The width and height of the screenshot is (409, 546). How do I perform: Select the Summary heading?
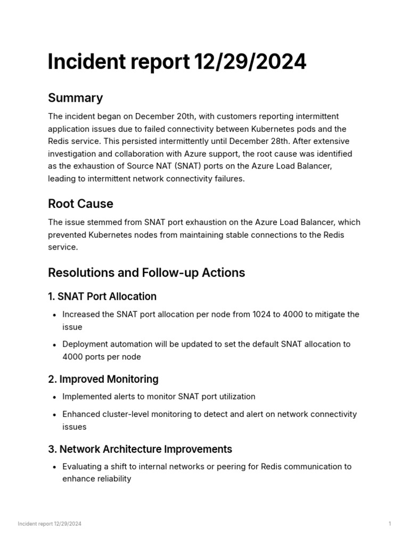click(x=75, y=98)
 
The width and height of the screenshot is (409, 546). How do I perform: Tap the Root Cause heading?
click(x=80, y=204)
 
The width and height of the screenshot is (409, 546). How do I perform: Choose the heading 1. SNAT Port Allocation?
click(x=102, y=296)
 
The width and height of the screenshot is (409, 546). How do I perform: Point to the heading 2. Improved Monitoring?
click(x=103, y=380)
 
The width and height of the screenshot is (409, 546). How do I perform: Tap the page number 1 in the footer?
click(x=390, y=524)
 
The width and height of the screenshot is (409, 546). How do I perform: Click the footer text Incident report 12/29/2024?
click(x=50, y=524)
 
